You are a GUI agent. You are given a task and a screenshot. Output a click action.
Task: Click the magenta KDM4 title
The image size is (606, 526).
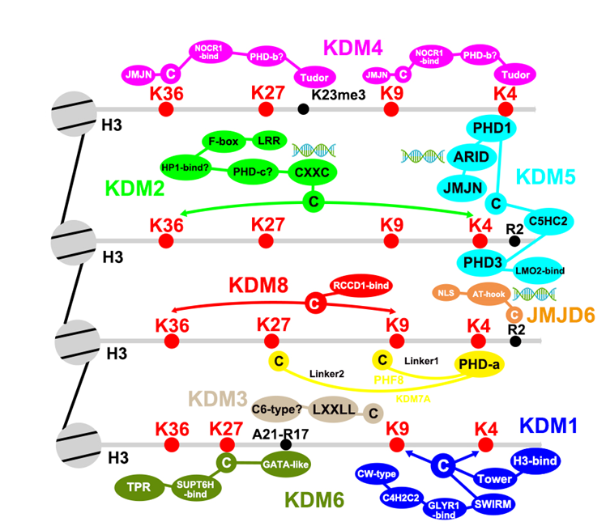(x=354, y=46)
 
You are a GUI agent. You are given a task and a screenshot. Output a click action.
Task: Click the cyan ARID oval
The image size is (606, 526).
(x=469, y=159)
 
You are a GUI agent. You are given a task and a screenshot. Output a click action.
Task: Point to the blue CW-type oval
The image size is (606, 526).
(x=382, y=473)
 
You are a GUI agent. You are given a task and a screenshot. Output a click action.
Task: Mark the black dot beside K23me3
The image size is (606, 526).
(x=303, y=108)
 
